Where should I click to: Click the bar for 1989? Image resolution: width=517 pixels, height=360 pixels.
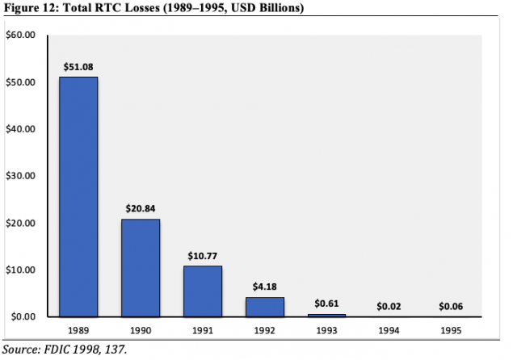pyautogui.click(x=79, y=196)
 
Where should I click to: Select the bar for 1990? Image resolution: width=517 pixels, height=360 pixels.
pyautogui.click(x=141, y=267)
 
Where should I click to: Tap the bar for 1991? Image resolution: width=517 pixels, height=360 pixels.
pyautogui.click(x=203, y=291)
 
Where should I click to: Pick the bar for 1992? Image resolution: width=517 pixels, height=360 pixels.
pyautogui.click(x=265, y=306)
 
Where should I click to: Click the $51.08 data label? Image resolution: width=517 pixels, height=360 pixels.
pyautogui.click(x=79, y=66)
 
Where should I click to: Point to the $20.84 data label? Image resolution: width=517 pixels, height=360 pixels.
pyautogui.click(x=141, y=208)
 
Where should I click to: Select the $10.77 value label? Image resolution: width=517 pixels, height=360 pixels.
pyautogui.click(x=203, y=255)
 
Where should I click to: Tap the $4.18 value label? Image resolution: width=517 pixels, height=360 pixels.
pyautogui.click(x=265, y=287)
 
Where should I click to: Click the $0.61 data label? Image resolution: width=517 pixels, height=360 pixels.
pyautogui.click(x=327, y=303)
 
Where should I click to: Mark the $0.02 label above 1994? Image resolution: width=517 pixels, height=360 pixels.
pyautogui.click(x=389, y=306)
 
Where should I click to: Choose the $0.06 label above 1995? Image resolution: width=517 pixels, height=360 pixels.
pyautogui.click(x=452, y=306)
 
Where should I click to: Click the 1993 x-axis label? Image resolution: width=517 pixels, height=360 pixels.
pyautogui.click(x=327, y=330)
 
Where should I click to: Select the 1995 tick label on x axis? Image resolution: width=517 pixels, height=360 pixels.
pyautogui.click(x=452, y=330)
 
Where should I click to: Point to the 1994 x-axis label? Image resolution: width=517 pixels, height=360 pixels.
pyautogui.click(x=389, y=330)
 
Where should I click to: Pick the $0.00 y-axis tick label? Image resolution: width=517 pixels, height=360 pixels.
pyautogui.click(x=21, y=316)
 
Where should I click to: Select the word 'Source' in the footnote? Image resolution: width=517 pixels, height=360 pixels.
pyautogui.click(x=19, y=349)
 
